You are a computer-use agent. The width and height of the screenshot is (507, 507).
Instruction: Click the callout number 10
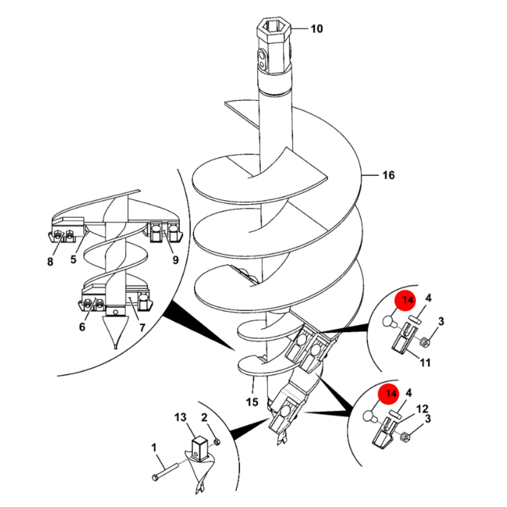317,29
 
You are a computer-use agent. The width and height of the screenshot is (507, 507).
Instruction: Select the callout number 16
389,175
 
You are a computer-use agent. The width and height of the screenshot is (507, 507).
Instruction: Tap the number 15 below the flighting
252,402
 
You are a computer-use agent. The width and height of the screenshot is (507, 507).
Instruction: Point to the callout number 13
180,417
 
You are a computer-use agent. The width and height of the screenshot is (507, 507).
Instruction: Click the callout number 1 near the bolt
154,447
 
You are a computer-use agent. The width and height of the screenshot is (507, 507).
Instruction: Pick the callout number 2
204,417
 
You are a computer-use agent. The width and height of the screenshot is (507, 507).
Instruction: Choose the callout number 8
50,262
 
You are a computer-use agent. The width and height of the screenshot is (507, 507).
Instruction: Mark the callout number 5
73,259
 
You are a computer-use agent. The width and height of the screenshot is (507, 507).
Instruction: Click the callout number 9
175,260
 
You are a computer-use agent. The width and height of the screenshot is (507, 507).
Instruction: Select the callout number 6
82,327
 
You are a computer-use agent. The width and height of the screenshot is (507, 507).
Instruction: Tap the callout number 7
142,328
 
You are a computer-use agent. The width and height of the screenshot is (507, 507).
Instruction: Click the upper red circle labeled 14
405,300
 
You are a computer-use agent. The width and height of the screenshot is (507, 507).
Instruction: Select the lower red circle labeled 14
388,394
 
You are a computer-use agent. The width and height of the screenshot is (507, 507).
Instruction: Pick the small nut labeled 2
217,442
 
